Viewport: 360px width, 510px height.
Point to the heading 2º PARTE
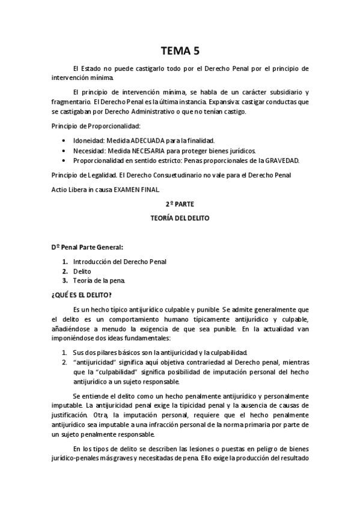tap(180, 204)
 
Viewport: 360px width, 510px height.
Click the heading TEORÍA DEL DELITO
tap(180, 218)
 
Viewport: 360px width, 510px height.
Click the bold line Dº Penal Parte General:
tap(87, 247)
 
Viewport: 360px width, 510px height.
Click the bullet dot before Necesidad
tap(64, 150)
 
